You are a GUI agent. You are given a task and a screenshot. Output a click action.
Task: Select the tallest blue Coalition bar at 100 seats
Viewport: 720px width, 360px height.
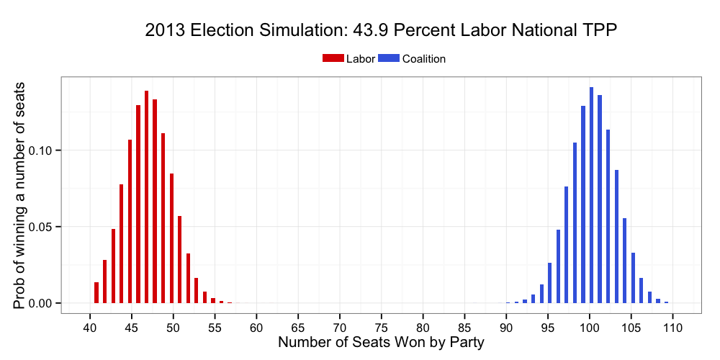pyautogui.click(x=591, y=195)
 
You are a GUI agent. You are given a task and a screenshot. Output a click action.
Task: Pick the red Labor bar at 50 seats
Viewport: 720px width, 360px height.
pyautogui.click(x=171, y=238)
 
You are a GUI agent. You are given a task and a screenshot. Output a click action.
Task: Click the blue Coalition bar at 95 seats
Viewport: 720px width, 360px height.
pyautogui.click(x=549, y=283)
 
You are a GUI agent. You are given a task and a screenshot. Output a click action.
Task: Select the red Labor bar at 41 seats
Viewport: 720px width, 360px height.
pyautogui.click(x=96, y=292)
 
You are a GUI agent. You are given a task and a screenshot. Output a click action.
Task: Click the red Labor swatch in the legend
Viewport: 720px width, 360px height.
pyautogui.click(x=333, y=59)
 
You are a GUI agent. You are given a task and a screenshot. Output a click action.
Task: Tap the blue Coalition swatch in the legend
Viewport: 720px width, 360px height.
pyautogui.click(x=389, y=59)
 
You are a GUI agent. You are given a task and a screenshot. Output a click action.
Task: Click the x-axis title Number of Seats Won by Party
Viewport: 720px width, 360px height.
pyautogui.click(x=381, y=343)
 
